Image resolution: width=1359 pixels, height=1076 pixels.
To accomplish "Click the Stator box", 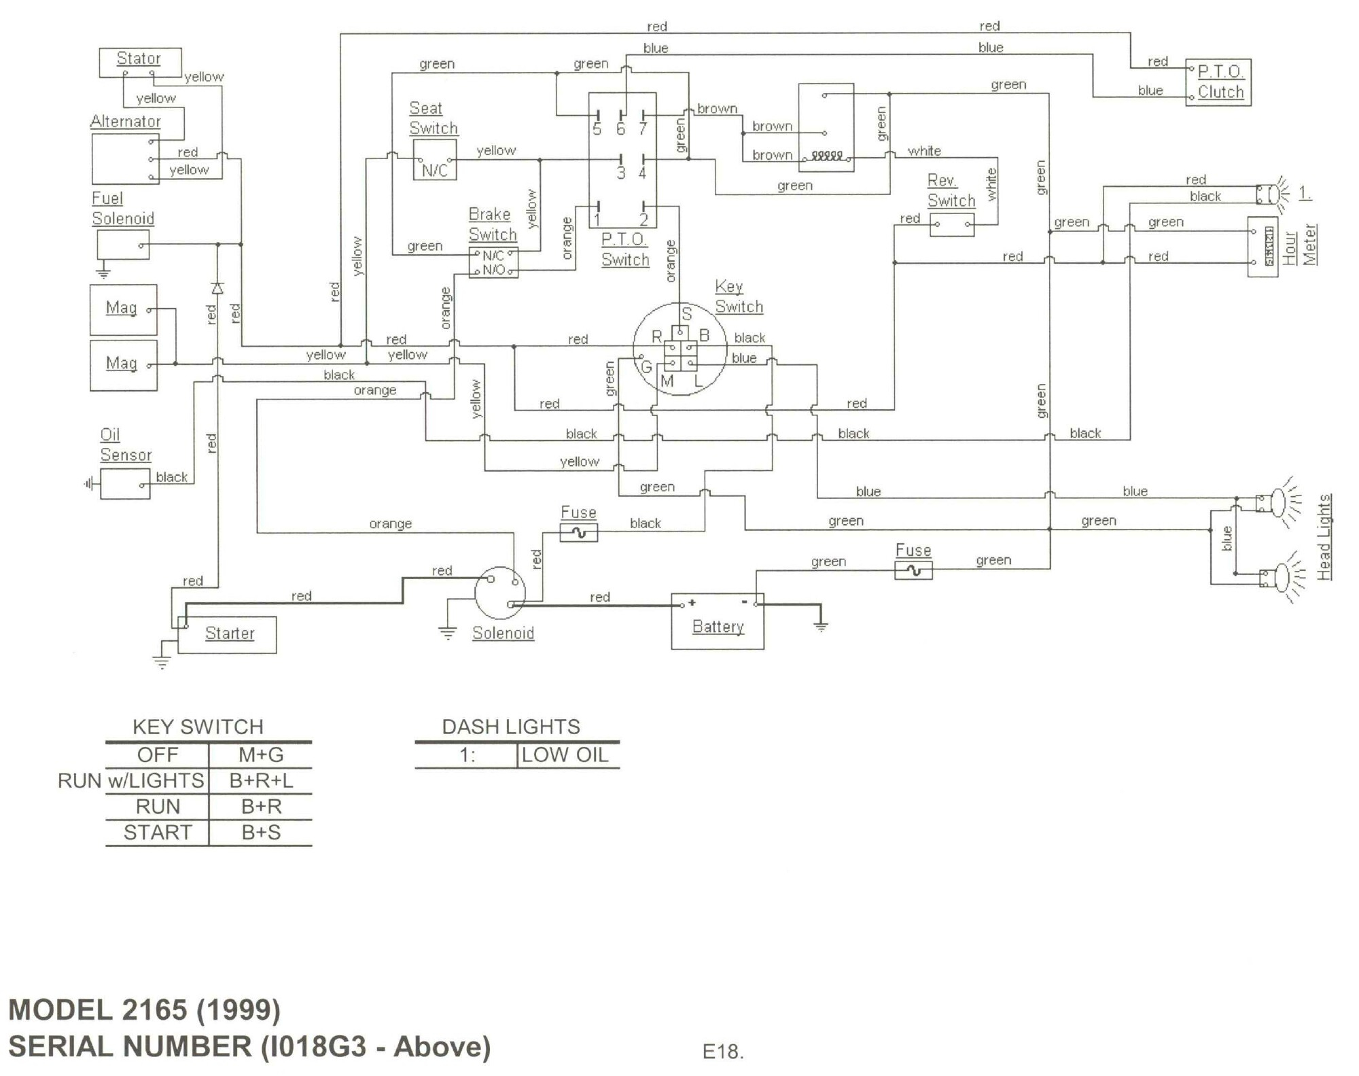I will coord(140,62).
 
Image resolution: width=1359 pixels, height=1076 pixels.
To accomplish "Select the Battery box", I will coord(718,622).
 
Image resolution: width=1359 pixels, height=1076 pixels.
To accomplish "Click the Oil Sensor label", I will coord(126,445).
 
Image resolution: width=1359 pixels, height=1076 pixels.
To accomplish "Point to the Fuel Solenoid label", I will coord(123,209).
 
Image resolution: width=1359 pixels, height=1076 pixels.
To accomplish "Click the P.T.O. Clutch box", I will coord(1219,82).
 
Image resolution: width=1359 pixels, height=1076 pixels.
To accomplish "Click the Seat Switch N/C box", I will coord(434,160).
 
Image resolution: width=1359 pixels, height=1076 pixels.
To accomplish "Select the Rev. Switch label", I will coord(951,190).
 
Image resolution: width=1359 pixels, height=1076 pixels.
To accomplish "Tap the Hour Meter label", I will coord(1300,245).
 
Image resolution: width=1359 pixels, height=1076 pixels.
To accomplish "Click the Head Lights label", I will coord(1324,537).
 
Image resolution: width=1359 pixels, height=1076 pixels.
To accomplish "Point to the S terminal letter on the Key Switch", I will coord(686,314).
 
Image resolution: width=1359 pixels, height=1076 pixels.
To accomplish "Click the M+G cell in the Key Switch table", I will coord(261,755).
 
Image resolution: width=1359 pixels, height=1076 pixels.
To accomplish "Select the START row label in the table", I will coord(158,833).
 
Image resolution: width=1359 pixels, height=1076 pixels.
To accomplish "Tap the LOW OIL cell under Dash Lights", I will coord(565,755).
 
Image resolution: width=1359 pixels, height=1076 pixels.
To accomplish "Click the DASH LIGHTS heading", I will coord(511,727).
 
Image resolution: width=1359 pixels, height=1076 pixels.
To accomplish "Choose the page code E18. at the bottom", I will coord(723,1052).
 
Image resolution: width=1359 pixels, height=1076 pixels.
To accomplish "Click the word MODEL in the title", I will coord(60,1010).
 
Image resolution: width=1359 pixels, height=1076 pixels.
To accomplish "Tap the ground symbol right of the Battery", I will coord(821,626).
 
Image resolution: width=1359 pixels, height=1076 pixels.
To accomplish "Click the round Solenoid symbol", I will coord(500,593).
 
